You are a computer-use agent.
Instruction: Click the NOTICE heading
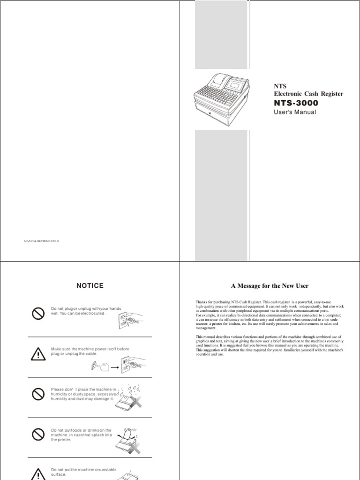[90, 285]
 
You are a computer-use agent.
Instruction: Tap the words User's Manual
[294, 112]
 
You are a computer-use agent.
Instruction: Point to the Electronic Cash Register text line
[308, 94]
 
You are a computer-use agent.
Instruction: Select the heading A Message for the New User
[270, 285]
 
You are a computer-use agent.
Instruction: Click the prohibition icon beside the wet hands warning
[38, 314]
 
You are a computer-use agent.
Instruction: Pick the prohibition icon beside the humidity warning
[38, 395]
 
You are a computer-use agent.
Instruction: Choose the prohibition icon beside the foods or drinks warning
[38, 435]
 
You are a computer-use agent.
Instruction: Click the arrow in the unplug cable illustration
[114, 368]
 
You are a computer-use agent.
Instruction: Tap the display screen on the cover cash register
[234, 83]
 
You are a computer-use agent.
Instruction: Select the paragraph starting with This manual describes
[270, 345]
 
